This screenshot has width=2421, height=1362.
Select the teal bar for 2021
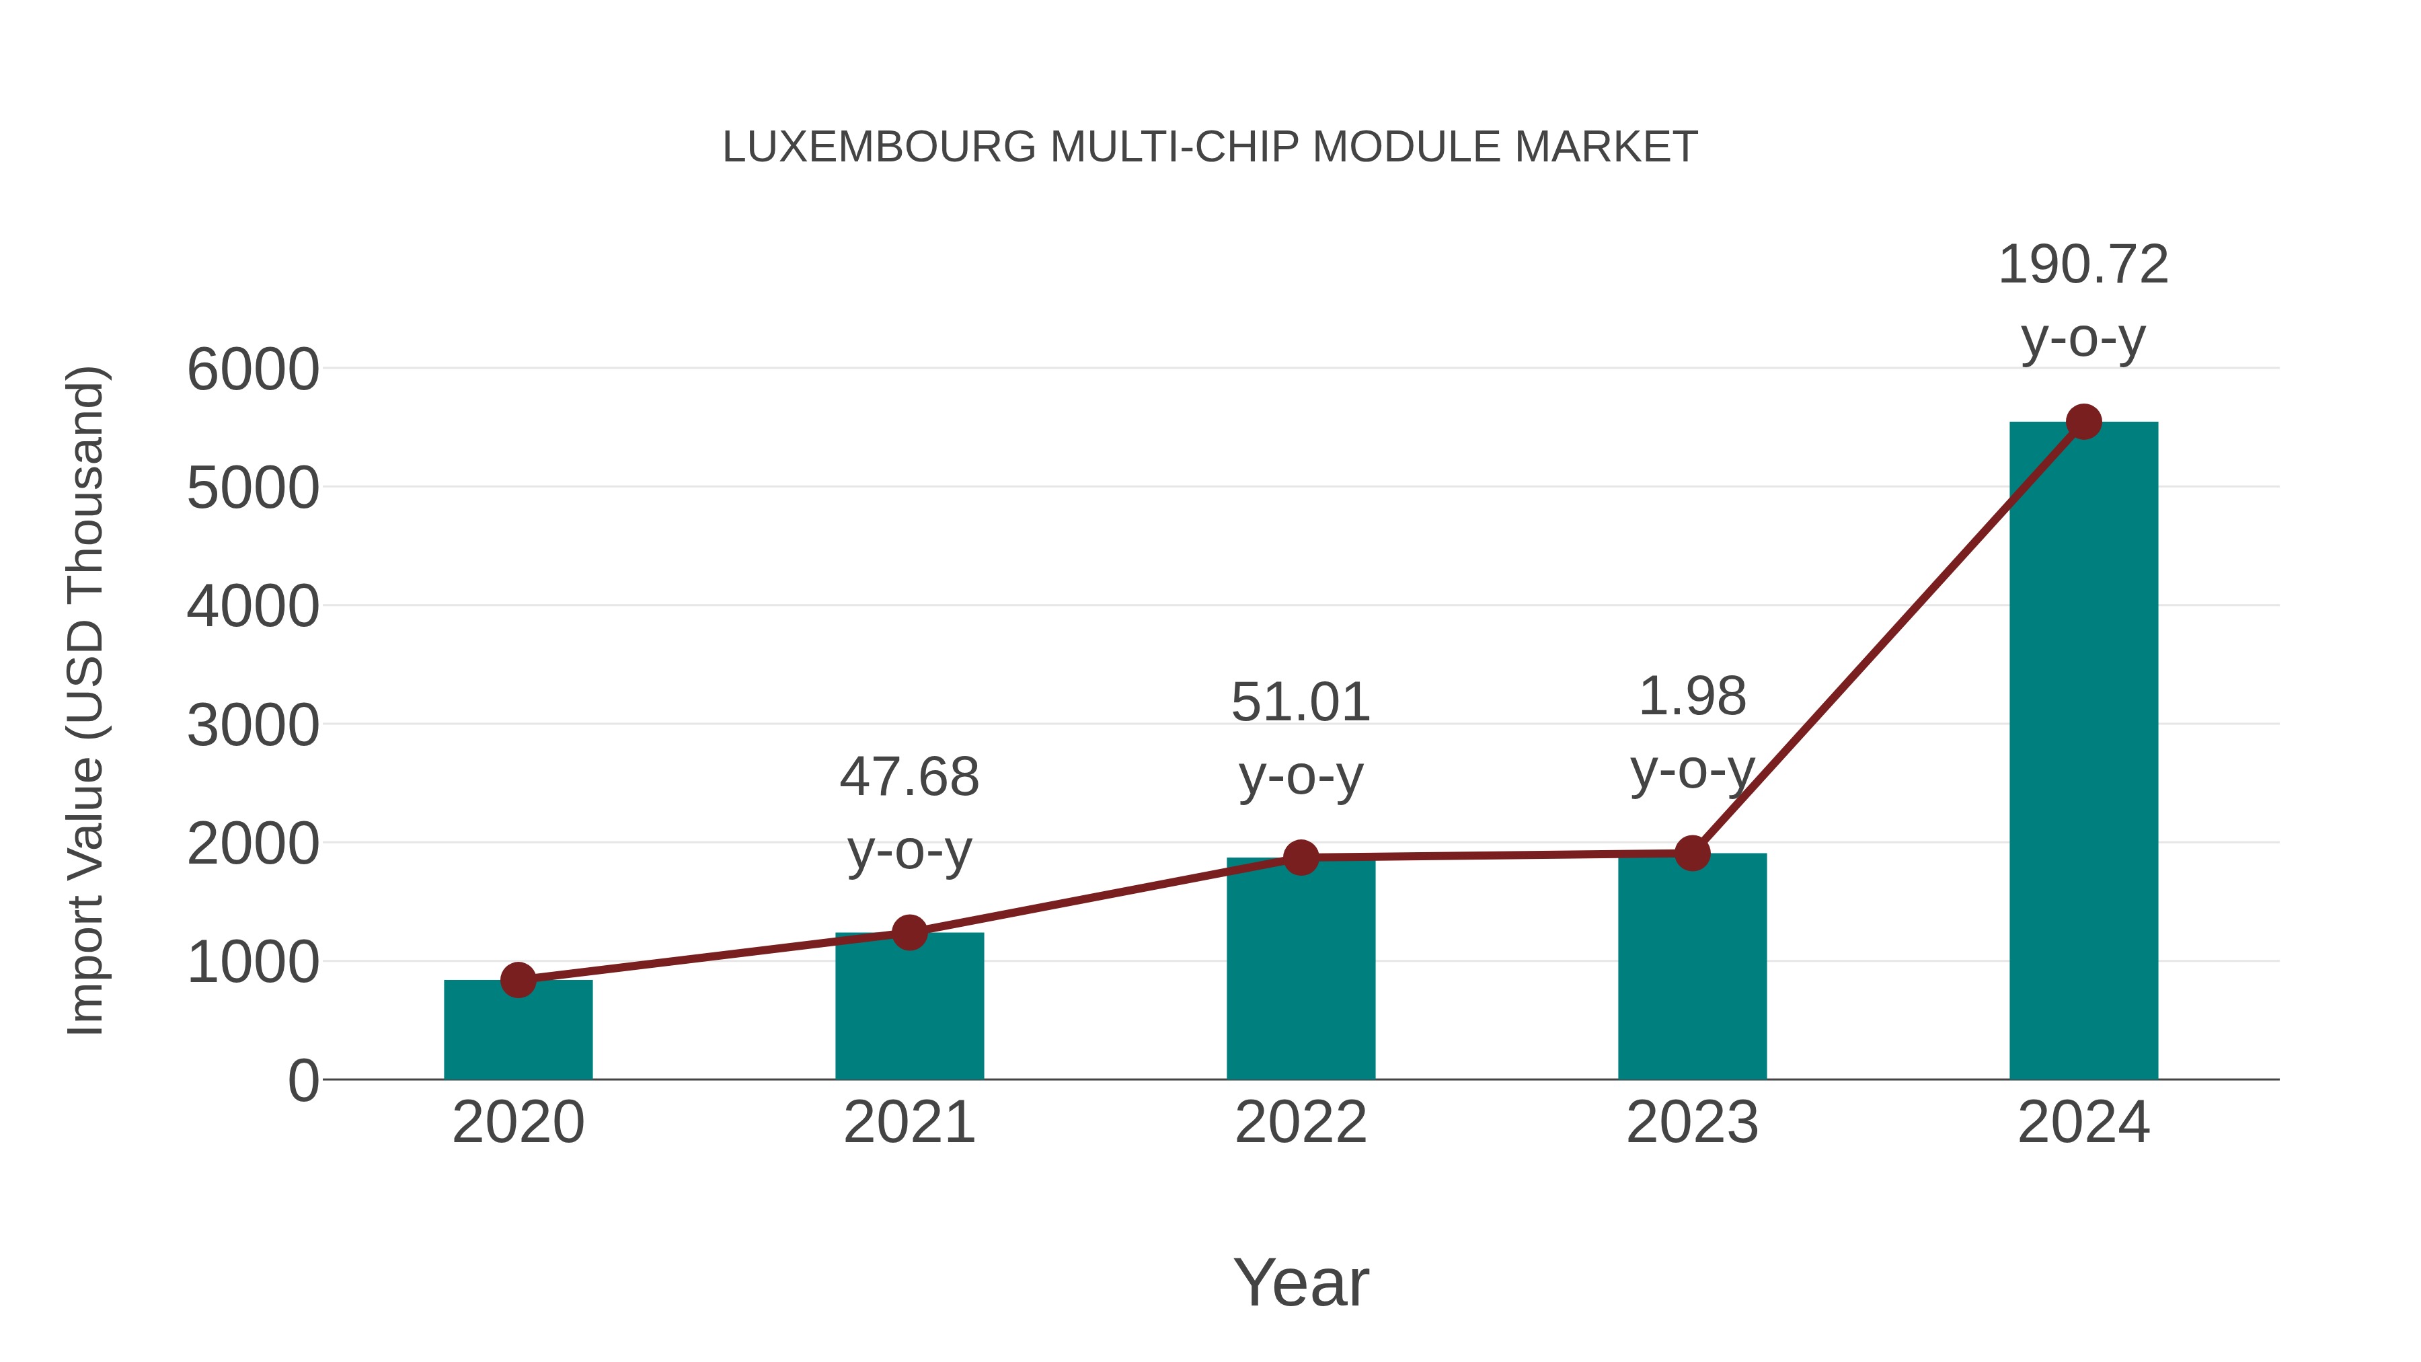point(909,1010)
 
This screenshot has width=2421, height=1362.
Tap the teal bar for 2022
point(1301,973)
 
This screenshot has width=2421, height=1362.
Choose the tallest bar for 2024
point(2083,752)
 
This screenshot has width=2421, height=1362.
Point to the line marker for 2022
point(1301,858)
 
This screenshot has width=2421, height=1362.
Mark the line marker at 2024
point(2083,422)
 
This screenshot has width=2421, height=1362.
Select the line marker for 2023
point(1692,854)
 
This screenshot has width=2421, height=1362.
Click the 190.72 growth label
point(2083,265)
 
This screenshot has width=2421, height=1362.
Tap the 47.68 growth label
point(909,778)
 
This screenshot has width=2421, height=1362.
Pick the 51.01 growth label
point(1301,703)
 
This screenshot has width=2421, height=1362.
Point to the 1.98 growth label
point(1692,697)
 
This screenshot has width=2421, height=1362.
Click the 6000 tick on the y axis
point(253,369)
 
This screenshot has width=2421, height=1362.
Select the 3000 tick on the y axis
point(253,726)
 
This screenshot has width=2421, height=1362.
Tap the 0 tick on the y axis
point(303,1081)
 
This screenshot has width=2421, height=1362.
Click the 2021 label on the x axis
point(909,1123)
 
